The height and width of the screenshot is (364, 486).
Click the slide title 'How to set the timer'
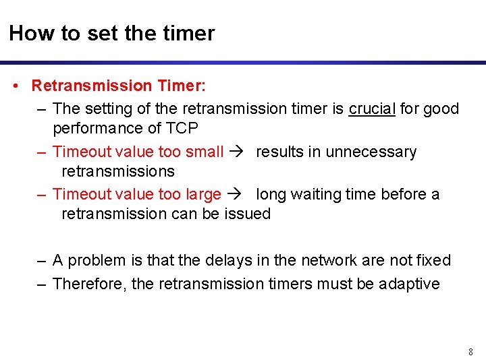[x=111, y=33]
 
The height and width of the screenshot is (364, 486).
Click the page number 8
[x=470, y=352]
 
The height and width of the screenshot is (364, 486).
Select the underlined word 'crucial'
[x=372, y=109]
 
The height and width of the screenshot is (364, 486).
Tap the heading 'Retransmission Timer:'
[x=119, y=86]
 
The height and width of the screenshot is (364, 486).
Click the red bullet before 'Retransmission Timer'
[x=15, y=86]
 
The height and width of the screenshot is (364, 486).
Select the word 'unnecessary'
[x=371, y=152]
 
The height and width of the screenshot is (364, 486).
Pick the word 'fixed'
[x=433, y=260]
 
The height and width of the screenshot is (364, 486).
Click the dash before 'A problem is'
[x=42, y=260]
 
